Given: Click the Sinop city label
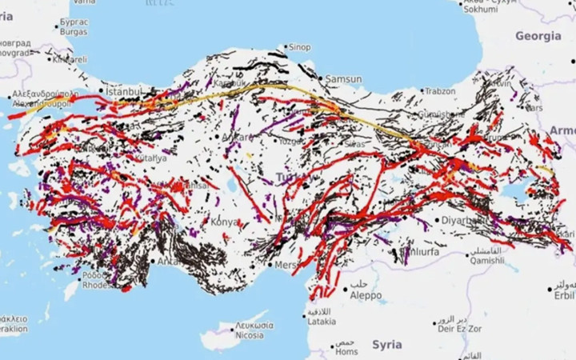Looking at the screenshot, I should (x=299, y=47).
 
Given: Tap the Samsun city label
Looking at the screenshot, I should (x=344, y=78).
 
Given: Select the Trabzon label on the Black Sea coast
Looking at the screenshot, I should (x=440, y=91).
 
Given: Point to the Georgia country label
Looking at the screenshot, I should (x=538, y=36).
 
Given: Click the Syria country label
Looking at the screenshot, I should (x=387, y=344).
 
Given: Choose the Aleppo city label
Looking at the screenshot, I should (x=366, y=294).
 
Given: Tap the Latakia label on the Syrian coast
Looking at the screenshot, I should (x=322, y=322).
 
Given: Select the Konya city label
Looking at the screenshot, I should (x=224, y=221).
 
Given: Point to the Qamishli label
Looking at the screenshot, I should (x=486, y=260).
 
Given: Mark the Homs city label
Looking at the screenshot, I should (x=346, y=351).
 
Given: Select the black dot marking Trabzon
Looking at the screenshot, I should (x=422, y=92).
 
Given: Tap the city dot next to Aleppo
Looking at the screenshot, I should (x=346, y=289).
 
